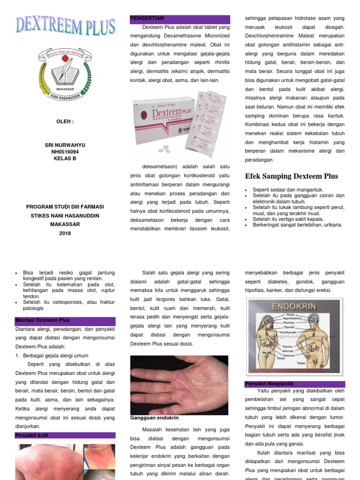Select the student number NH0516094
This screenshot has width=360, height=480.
click(65, 152)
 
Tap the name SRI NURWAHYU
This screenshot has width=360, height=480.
click(65, 145)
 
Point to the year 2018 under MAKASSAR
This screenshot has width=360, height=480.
click(65, 233)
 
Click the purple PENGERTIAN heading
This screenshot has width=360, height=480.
click(180, 19)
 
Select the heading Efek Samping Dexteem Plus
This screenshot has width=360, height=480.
click(292, 176)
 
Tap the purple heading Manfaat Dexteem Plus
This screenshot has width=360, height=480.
click(65, 320)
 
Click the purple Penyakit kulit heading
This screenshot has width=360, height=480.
click(65, 435)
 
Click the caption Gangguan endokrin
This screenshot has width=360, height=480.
click(154, 418)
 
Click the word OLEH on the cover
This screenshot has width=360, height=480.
click(65, 121)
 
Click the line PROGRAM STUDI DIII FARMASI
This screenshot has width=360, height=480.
click(65, 207)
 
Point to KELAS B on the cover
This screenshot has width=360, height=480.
click(65, 158)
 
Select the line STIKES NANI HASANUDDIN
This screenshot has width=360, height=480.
click(65, 216)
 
